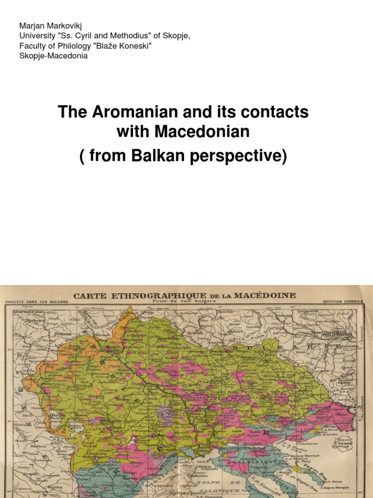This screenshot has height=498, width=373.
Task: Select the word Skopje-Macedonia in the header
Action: pos(53,56)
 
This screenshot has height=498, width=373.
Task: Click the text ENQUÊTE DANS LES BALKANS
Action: pos(37,302)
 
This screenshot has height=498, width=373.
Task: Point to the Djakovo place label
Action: pos(25,321)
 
